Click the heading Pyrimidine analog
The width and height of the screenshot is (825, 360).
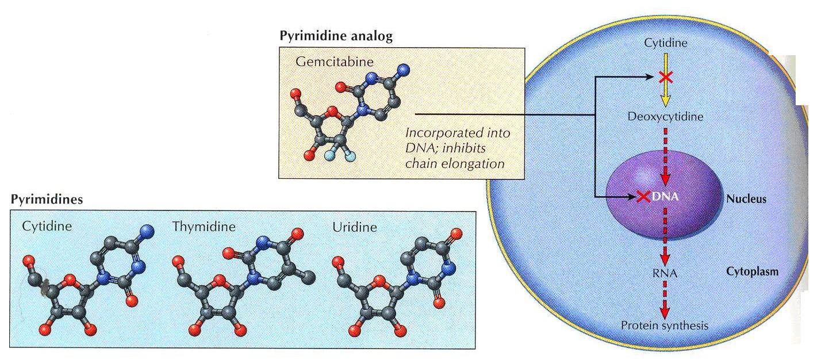point(336,36)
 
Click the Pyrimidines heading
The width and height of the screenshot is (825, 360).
point(47,200)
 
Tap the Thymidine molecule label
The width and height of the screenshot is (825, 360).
point(204,227)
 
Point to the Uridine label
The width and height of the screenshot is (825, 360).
point(354,227)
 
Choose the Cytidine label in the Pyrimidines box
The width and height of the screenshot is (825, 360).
point(47,226)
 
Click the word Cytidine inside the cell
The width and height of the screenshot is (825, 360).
point(666,43)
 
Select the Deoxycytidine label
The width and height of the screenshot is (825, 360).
point(666,117)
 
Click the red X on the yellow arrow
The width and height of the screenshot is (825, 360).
point(666,76)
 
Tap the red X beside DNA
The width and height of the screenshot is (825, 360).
point(643,197)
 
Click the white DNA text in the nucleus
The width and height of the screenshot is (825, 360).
point(666,197)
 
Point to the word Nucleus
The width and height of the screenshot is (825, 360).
point(746,199)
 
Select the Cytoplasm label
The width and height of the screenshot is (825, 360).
point(753,271)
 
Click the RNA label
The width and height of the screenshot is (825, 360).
point(666,274)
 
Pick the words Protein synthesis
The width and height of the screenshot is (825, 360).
point(665,325)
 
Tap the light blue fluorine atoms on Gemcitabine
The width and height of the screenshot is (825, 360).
point(339,156)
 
